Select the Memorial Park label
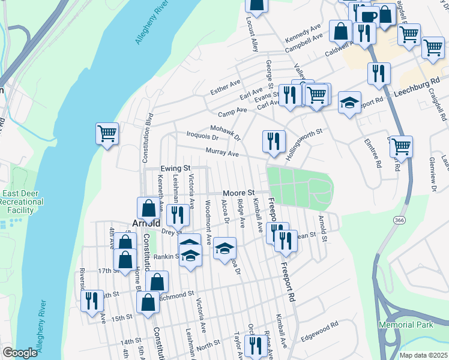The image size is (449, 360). pyautogui.click(x=405, y=325)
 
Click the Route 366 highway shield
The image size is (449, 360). pyautogui.click(x=399, y=221)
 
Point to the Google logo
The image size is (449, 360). pyautogui.click(x=20, y=353)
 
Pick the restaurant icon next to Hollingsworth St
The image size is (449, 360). pyautogui.click(x=274, y=141)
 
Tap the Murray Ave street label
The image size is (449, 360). pyautogui.click(x=222, y=153)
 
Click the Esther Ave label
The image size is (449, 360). pyautogui.click(x=225, y=86)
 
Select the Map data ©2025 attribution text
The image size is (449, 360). pyautogui.click(x=424, y=355)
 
